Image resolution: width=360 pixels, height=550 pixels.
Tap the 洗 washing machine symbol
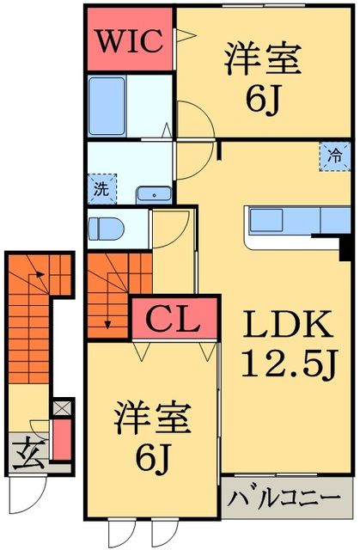pyautogui.click(x=100, y=187)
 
